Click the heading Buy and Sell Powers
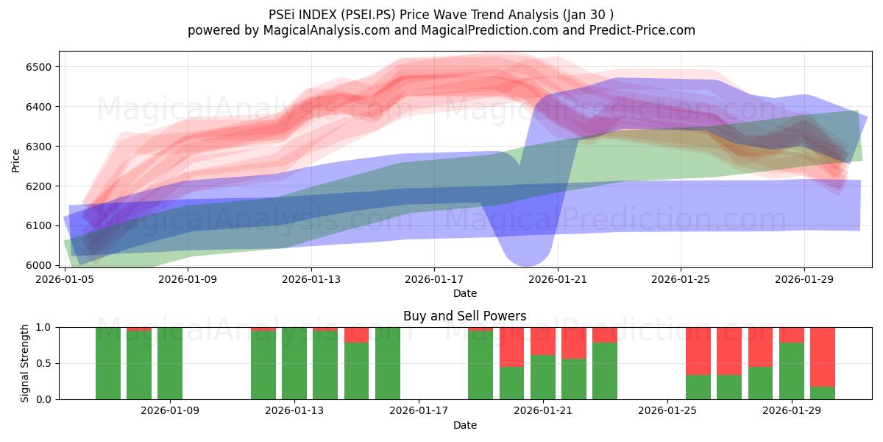[464, 316]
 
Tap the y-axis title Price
[16, 160]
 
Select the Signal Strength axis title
[24, 362]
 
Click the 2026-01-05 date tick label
[66, 279]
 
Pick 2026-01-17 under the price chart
[434, 279]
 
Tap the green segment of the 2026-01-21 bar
[543, 376]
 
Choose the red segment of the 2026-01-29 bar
[792, 334]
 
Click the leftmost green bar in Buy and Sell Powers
[108, 362]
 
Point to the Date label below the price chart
[464, 293]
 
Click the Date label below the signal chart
[464, 425]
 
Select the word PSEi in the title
[280, 14]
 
